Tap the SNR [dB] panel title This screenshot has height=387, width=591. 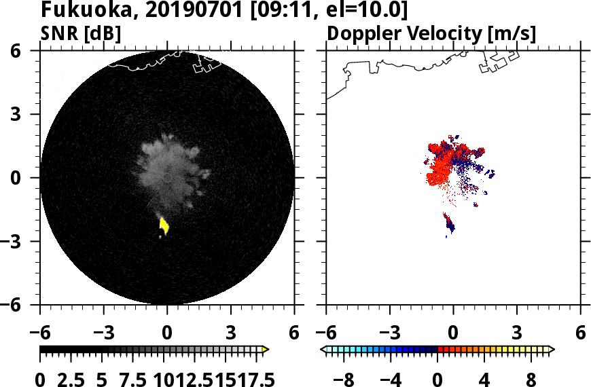pos(81,33)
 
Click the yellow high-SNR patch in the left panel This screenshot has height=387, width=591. pos(164,225)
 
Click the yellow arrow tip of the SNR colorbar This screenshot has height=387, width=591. pos(266,350)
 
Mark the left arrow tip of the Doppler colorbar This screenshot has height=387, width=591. pos(323,350)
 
